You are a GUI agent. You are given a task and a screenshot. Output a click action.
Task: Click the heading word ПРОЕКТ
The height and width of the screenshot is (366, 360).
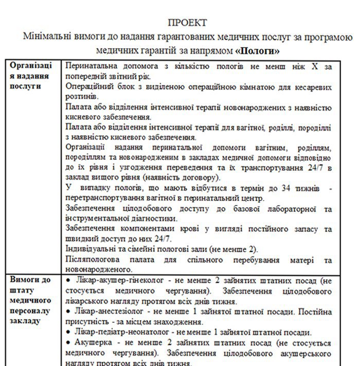188,23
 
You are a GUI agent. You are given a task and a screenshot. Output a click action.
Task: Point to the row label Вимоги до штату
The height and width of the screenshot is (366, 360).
31,300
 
